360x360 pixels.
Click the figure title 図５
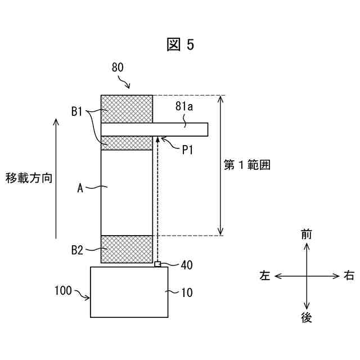pos(180,45)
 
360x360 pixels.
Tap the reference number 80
pos(118,67)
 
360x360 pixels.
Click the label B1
pos(78,111)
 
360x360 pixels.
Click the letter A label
pos(80,189)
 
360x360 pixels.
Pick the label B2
pos(78,249)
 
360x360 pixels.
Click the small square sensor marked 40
pos(158,264)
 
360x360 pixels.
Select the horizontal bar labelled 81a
pos(155,129)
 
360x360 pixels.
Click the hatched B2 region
pos(127,249)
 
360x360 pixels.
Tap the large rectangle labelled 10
pos(129,292)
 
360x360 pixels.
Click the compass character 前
pos(306,235)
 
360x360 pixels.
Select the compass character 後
pos(306,318)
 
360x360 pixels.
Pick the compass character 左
pos(265,276)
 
